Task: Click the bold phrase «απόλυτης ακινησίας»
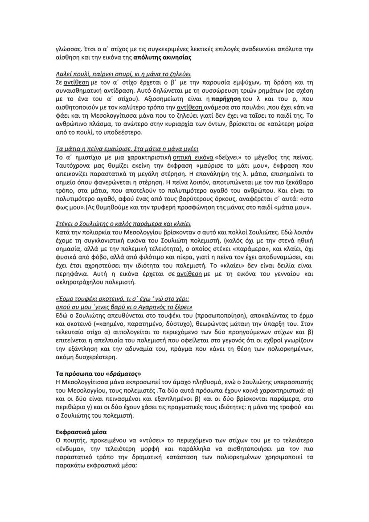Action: coord(148,58)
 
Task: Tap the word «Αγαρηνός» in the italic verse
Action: coord(151,307)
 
